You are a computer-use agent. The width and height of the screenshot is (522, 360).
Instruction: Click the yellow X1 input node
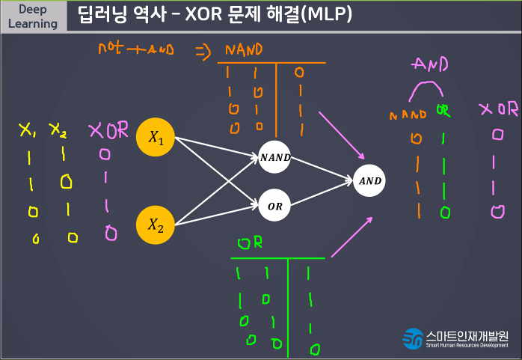click(x=156, y=138)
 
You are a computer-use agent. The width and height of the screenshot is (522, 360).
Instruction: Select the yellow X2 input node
click(x=156, y=225)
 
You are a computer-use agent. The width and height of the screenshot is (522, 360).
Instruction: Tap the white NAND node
click(x=275, y=158)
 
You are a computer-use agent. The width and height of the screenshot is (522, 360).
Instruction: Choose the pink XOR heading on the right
click(x=498, y=109)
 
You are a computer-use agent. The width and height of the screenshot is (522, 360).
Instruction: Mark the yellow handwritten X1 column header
click(x=27, y=130)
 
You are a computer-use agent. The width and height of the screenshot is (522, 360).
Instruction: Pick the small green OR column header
click(x=443, y=113)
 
